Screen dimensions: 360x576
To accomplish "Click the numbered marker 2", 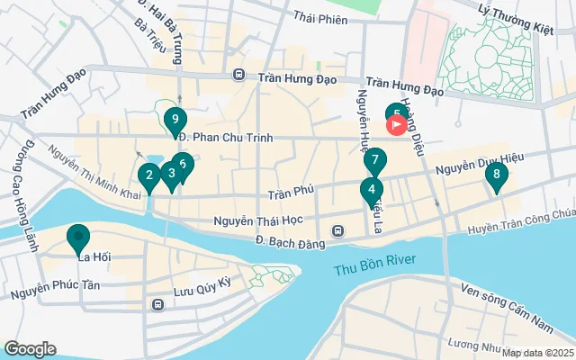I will tap(149, 175).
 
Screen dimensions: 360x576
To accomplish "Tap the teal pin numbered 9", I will tap(175, 119).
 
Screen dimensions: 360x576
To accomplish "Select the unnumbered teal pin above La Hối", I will tap(78, 238).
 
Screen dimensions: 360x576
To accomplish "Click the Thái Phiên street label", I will tap(320, 18).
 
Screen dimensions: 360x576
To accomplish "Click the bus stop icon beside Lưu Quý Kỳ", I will tap(157, 304).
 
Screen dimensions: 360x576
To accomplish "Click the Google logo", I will tap(30, 348).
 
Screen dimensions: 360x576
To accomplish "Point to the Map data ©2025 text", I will tap(536, 353).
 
